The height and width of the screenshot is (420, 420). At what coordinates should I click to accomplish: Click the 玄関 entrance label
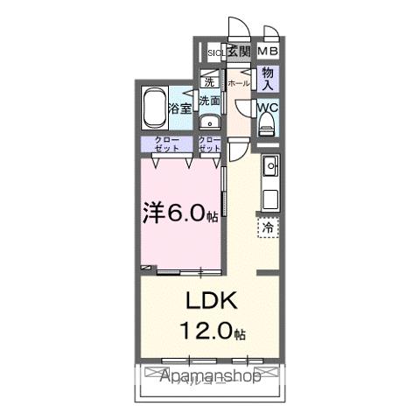coord(239,52)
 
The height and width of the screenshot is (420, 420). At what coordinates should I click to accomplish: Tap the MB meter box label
coord(268,52)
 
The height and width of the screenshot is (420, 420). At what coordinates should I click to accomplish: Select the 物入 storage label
coord(269,80)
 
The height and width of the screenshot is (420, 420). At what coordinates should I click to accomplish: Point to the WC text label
coord(269,109)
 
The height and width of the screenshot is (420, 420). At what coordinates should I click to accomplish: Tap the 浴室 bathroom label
coord(180,111)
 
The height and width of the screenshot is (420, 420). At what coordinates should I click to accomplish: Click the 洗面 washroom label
coord(209,101)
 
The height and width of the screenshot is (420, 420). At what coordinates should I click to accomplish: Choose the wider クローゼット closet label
coord(167,145)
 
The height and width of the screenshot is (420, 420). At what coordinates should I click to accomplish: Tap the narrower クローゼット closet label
coord(210,145)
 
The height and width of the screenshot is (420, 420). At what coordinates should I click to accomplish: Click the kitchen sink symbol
coord(270,165)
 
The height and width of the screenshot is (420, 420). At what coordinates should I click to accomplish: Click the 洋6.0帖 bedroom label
coord(180,213)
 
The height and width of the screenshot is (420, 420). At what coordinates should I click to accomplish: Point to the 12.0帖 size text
coord(213,333)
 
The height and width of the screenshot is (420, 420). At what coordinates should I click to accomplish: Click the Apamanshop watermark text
coord(210,378)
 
